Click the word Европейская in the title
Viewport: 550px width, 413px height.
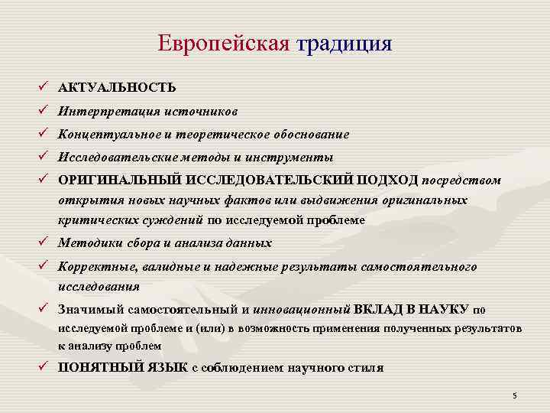224,43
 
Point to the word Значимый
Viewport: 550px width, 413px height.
89,310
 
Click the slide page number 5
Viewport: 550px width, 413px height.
515,395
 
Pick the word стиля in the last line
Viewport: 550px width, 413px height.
365,367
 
